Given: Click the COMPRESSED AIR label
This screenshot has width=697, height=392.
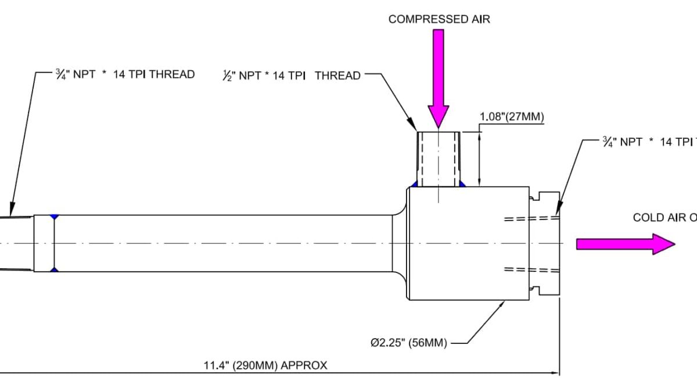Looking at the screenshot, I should pos(439,19).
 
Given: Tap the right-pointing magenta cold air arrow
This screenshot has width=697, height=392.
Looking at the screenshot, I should pos(625,244).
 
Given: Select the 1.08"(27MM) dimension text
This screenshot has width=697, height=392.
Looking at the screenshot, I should pos(511,118).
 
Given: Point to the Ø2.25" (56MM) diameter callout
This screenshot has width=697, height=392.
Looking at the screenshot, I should pos(409,343).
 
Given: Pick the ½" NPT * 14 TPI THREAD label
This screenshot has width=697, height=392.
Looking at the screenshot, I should pos(292,75).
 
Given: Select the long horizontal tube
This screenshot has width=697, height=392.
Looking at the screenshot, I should pos(221,243).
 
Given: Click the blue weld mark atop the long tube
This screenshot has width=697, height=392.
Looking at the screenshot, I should pos(53,217).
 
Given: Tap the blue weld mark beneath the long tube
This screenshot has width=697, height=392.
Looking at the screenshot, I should pos(53,270).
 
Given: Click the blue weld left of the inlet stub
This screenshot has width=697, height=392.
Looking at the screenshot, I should pos(415,185).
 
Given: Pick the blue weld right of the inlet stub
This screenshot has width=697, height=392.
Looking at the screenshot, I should pos(462,185).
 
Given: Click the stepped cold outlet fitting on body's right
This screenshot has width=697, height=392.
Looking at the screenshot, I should pos(546,244).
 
